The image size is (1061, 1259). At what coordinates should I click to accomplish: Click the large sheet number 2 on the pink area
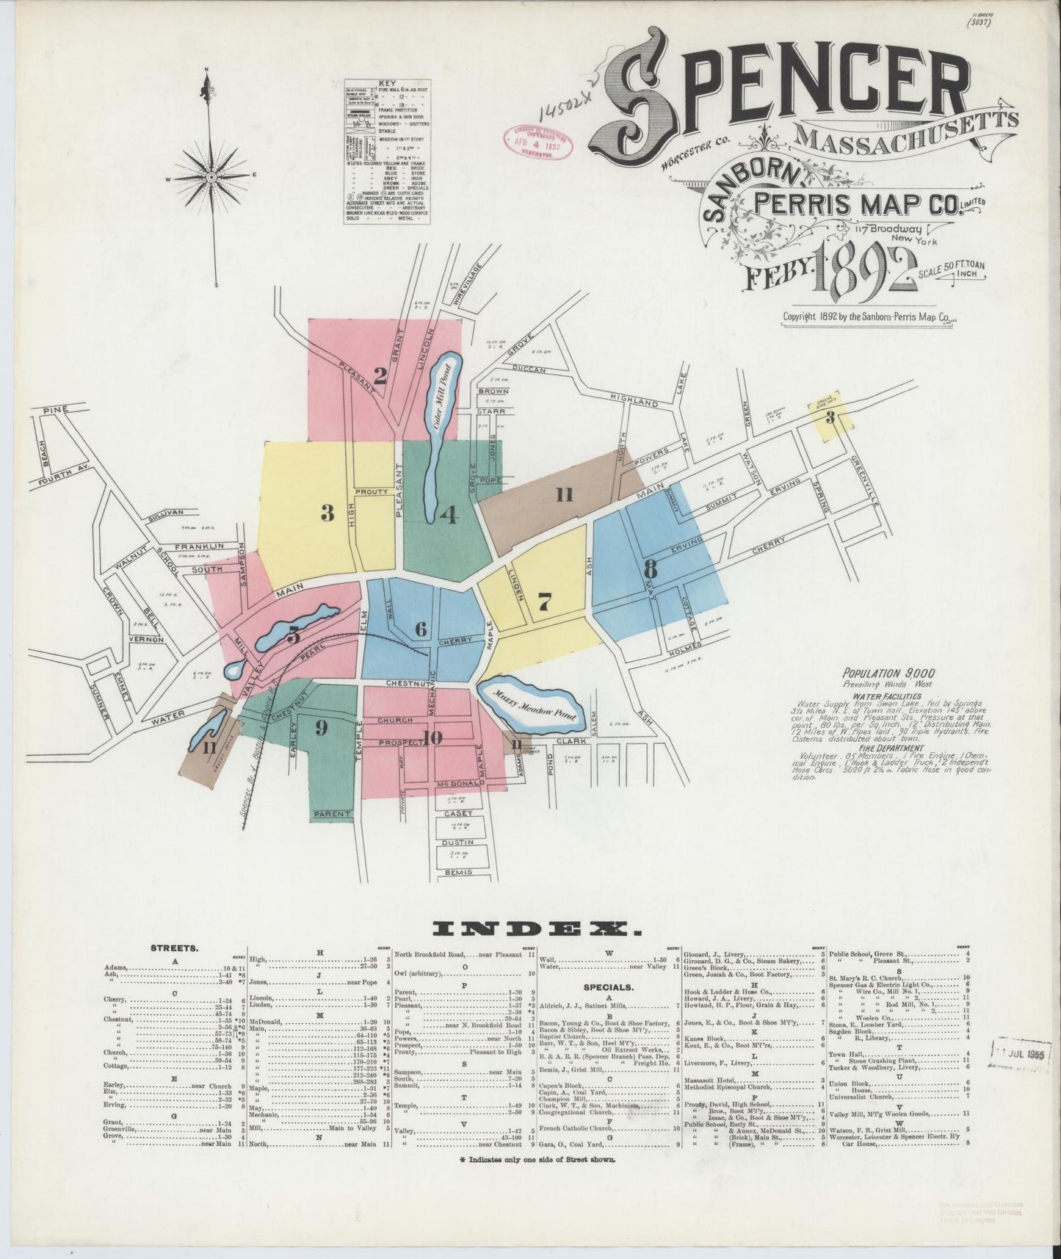(380, 376)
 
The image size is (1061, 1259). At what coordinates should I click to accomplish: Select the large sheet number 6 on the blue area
(421, 629)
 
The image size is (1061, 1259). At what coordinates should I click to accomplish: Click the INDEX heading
(530, 929)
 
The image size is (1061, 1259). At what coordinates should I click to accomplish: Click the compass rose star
(211, 177)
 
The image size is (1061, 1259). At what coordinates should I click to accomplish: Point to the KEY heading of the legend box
(386, 84)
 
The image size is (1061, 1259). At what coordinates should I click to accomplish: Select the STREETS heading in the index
(173, 948)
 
